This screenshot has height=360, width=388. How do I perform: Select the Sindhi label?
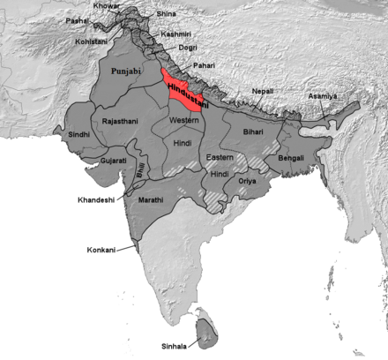tap(79, 135)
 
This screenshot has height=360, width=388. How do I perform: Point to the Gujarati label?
tap(112, 161)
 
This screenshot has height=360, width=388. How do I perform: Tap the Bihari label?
tap(252, 131)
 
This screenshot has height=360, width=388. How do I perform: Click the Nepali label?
tap(263, 92)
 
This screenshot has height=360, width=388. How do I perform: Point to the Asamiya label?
tap(322, 95)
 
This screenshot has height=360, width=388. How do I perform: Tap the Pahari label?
tap(205, 65)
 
